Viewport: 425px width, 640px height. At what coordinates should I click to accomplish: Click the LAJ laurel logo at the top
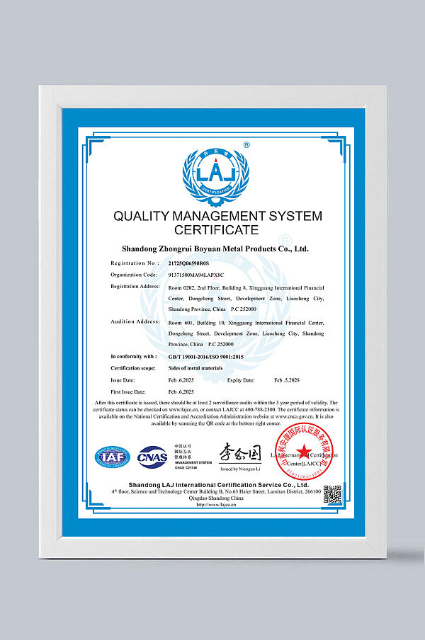pos(213,174)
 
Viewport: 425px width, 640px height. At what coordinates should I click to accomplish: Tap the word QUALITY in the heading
pos(139,216)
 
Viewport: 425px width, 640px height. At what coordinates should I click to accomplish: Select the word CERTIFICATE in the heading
pos(213,231)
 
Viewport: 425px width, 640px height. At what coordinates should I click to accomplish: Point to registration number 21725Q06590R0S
pos(189,263)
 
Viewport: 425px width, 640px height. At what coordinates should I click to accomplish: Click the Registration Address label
pos(135,286)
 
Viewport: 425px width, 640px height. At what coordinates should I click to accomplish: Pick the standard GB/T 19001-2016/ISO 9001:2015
pos(205,356)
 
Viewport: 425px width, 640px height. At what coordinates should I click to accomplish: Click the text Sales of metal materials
pos(195,368)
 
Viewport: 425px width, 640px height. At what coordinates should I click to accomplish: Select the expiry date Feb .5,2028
pos(289,380)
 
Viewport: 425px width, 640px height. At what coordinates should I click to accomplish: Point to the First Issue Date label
pos(127,392)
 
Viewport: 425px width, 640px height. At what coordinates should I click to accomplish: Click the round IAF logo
pos(113,457)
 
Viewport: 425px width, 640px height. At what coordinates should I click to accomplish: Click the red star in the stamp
pos(302,451)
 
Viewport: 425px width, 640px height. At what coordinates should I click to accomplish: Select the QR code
pos(332,494)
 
